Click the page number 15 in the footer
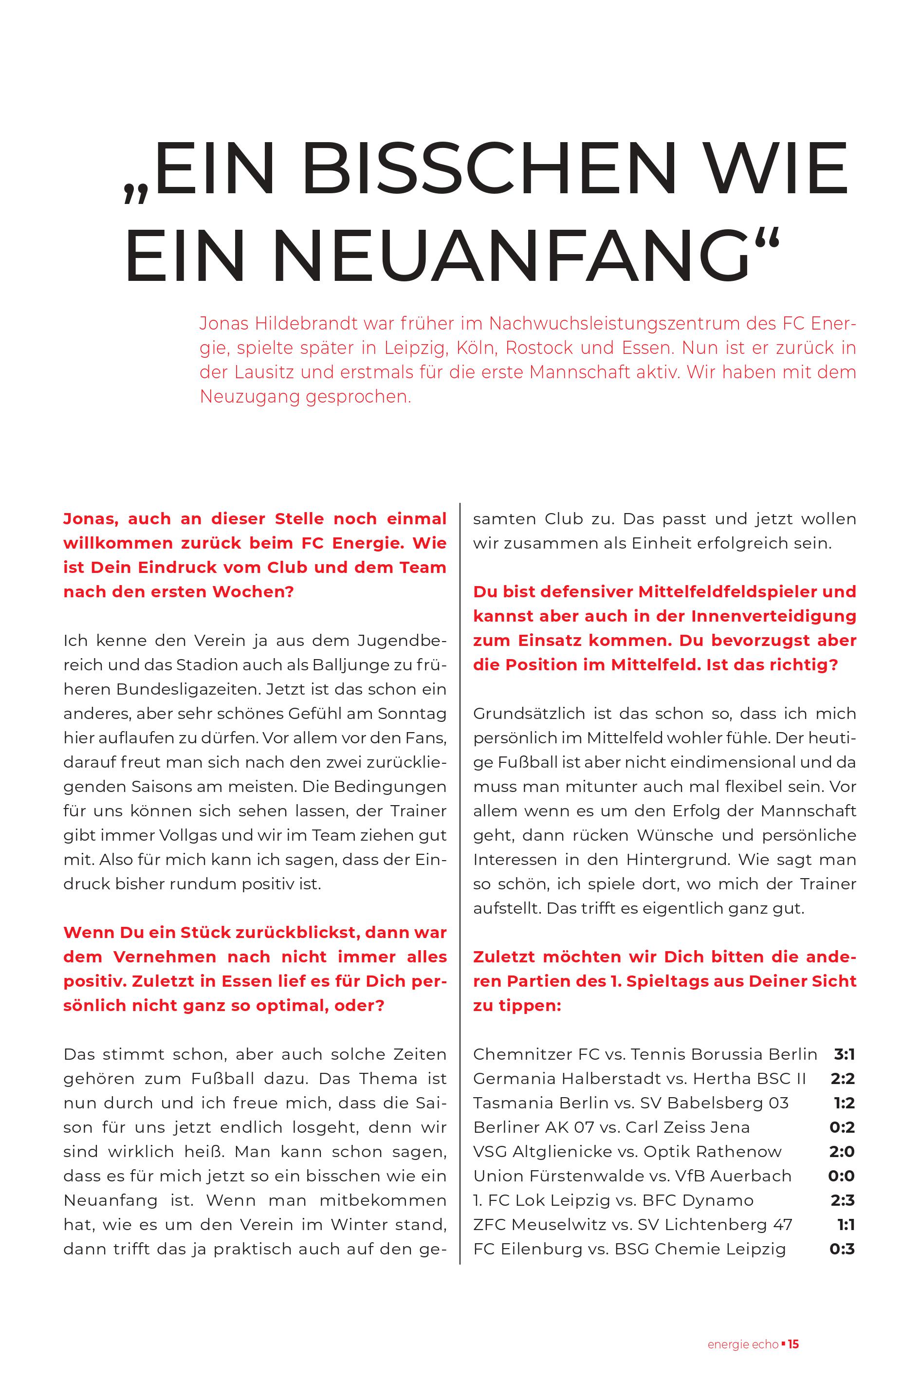(x=793, y=1328)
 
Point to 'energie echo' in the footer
(x=743, y=1328)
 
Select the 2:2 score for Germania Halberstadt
(x=843, y=1078)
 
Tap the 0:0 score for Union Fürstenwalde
(x=841, y=1176)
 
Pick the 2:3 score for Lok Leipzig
(x=843, y=1200)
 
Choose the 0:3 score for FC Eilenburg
(x=842, y=1249)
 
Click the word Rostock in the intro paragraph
(x=539, y=348)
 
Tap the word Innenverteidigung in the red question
(x=773, y=616)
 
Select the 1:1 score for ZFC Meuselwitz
(x=846, y=1225)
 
